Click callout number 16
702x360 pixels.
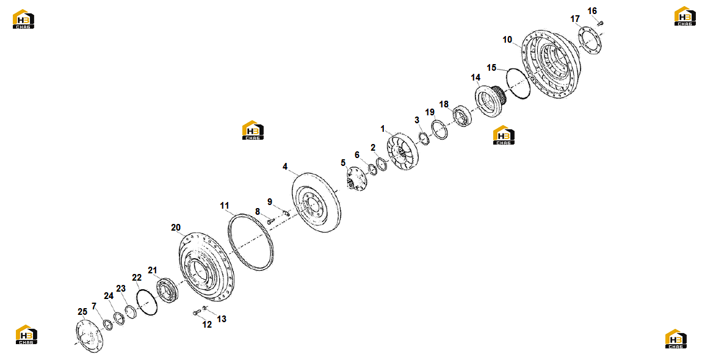592,11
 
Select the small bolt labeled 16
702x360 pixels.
601,23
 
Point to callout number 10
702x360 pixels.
507,40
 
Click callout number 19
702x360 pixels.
430,112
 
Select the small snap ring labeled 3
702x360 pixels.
424,139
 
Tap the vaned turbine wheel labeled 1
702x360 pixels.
403,151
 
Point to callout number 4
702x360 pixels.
285,167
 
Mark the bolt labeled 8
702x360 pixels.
270,221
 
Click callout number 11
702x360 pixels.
224,206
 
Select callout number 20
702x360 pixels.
176,228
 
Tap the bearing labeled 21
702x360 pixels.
168,290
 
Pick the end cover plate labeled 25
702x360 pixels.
89,335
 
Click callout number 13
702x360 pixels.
222,319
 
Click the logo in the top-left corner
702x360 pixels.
23,20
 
